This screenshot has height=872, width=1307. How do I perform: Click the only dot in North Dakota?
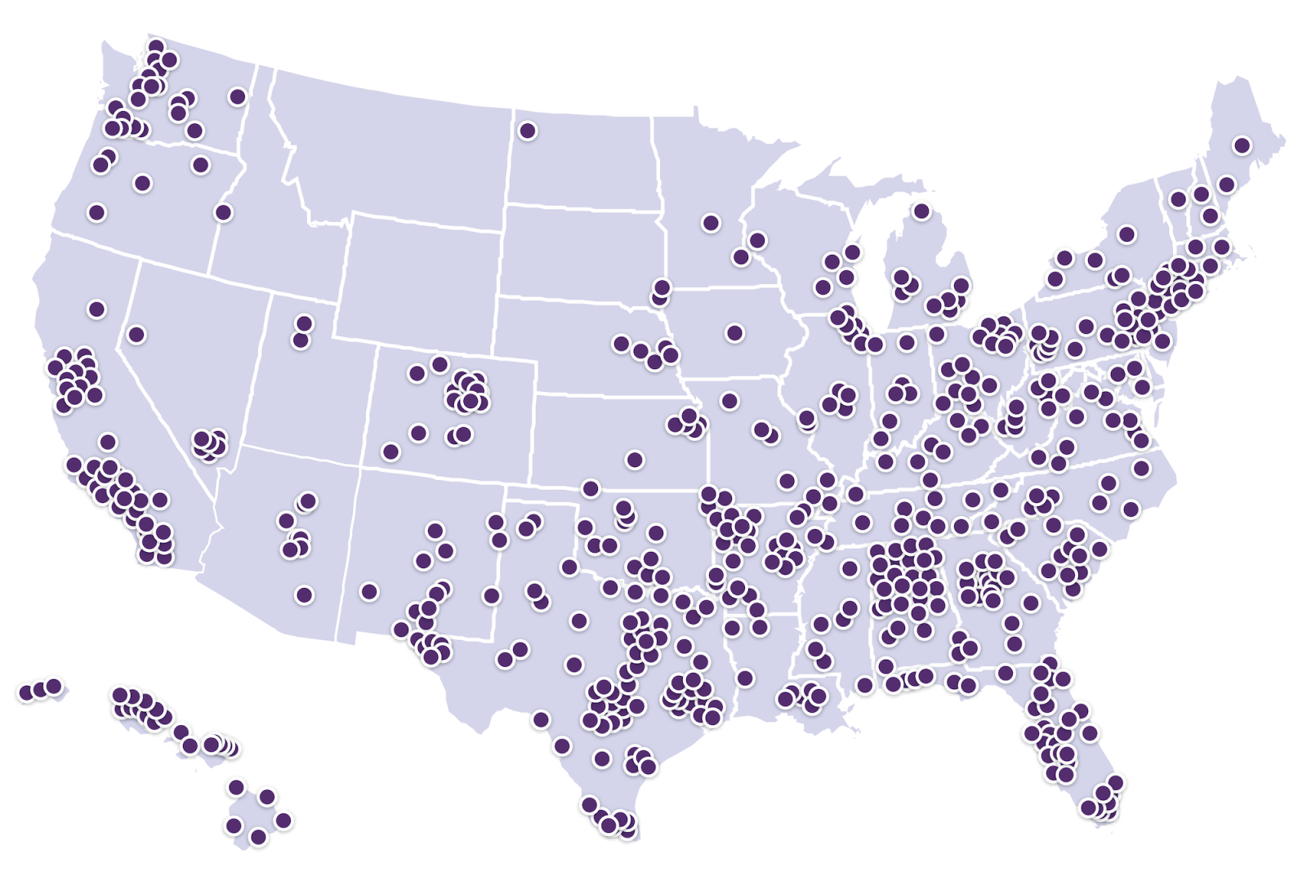(x=528, y=130)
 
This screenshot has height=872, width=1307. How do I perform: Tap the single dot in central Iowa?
(x=734, y=332)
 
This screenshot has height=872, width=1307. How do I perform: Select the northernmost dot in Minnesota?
(x=711, y=222)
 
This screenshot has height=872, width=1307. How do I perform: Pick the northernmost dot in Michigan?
(x=921, y=211)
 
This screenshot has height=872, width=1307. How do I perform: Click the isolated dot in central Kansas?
(x=634, y=460)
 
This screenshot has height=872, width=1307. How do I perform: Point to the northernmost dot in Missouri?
(x=729, y=400)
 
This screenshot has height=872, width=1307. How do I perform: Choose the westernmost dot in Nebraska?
(x=622, y=344)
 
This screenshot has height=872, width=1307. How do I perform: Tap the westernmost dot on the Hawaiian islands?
(x=25, y=692)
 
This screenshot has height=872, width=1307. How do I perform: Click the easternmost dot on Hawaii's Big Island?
(x=283, y=820)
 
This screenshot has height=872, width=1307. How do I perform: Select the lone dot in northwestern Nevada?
(x=136, y=334)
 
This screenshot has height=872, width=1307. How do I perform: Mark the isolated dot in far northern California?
(x=96, y=309)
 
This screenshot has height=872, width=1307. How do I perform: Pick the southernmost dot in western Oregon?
(x=96, y=212)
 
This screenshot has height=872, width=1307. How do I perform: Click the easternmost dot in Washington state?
(x=238, y=96)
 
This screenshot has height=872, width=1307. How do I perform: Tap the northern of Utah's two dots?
(x=305, y=323)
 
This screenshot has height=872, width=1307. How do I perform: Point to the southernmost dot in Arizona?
(x=304, y=595)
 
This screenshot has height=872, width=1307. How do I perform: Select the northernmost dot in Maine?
(x=1242, y=145)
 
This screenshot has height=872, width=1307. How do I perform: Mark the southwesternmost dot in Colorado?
(x=390, y=451)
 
